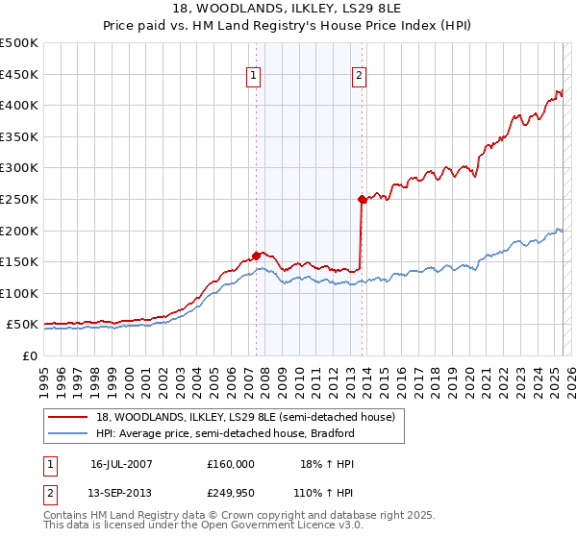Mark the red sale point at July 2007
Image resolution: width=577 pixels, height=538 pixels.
257,256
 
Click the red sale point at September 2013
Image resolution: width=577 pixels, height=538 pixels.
362,200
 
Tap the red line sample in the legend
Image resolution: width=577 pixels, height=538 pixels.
67,417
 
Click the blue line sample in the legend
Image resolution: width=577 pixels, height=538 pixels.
67,433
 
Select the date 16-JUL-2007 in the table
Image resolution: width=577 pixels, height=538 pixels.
121,463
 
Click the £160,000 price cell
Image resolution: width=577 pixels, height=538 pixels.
231,463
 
